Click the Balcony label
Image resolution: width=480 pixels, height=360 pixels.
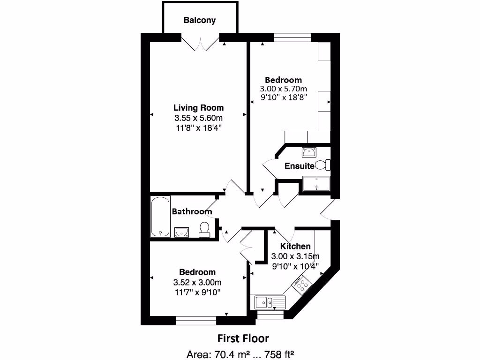point(200,20)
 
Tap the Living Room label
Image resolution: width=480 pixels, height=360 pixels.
point(198,107)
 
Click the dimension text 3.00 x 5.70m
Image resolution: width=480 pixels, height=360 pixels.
point(284,89)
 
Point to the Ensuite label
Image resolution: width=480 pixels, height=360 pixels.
point(299,165)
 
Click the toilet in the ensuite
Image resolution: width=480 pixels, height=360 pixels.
point(323,165)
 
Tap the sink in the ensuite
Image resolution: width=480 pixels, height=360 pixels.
point(309,152)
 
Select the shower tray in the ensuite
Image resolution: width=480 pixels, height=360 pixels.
point(316,184)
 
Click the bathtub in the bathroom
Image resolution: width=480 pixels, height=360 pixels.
point(160,217)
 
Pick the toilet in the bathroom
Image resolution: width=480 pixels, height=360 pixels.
point(204,229)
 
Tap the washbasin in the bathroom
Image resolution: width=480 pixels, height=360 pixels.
point(181,232)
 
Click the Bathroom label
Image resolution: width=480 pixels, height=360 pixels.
point(192,211)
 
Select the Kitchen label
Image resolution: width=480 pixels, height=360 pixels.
point(295,247)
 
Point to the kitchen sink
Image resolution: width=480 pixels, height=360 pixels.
point(270,302)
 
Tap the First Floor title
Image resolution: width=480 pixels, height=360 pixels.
point(243,338)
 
